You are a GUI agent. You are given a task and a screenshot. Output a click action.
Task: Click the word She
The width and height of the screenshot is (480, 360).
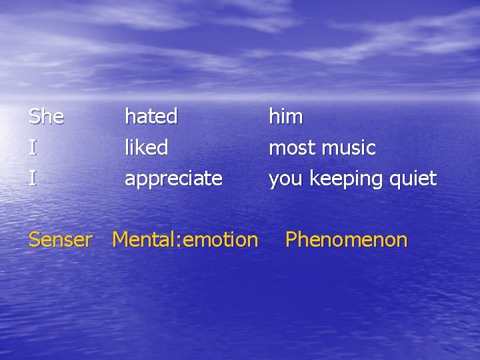[x=47, y=117]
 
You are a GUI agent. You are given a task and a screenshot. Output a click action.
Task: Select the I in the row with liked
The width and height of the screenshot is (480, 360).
[x=32, y=147]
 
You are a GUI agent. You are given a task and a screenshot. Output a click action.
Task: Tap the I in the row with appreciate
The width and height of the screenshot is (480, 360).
[x=32, y=178]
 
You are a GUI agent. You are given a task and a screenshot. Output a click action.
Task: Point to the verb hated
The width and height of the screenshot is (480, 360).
[x=151, y=117]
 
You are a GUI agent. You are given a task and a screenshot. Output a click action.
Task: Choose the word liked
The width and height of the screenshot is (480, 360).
[x=147, y=147]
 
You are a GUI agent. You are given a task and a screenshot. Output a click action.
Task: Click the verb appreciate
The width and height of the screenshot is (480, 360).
[x=173, y=179]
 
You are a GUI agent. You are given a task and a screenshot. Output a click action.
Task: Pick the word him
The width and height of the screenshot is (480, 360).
[x=286, y=117]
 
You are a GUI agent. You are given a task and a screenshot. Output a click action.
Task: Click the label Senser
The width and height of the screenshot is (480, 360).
[x=61, y=239]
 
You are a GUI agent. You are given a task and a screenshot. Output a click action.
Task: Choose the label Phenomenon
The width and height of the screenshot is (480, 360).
[x=346, y=239]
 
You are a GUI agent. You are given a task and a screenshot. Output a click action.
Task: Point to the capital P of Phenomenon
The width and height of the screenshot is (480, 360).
[x=291, y=239]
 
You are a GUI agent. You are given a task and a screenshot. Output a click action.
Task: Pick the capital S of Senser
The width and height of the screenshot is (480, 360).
[x=35, y=239]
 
